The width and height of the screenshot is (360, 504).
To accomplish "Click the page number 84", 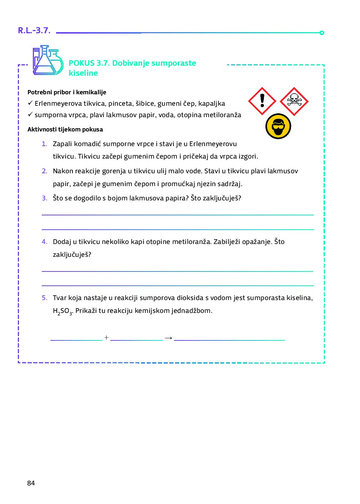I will coord(31,483).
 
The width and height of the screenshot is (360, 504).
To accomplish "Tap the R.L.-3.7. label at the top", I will coord(34,30).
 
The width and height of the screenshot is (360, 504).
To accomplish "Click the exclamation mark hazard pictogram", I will coord(262,101).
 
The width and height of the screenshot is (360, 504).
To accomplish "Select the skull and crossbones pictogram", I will coord(294,101).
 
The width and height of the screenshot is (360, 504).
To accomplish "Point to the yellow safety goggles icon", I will coord(278,126).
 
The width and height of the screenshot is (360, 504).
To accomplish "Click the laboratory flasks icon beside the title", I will coord(47,60).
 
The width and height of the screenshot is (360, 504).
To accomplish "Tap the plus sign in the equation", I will coord(106,338).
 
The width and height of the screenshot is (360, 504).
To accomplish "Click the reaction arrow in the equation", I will coord(168,338).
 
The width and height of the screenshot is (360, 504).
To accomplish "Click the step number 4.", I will coord(44,242).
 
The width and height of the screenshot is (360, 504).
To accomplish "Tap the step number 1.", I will coord(44,144).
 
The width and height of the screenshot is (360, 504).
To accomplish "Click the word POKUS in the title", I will coord(81,63).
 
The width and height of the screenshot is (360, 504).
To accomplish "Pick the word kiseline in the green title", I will coord(83,73).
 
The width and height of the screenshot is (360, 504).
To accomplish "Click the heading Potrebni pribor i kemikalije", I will coord(67,92).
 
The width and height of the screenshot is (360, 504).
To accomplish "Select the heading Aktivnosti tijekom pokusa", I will coord(65,129).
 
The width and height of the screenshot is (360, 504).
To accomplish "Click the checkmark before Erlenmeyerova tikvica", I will coord(30,103).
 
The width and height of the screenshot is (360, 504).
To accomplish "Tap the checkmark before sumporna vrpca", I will coord(30,115).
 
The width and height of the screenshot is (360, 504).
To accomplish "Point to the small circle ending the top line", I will coord(322,33).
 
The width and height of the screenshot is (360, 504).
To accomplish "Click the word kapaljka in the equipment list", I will coord(211,104).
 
